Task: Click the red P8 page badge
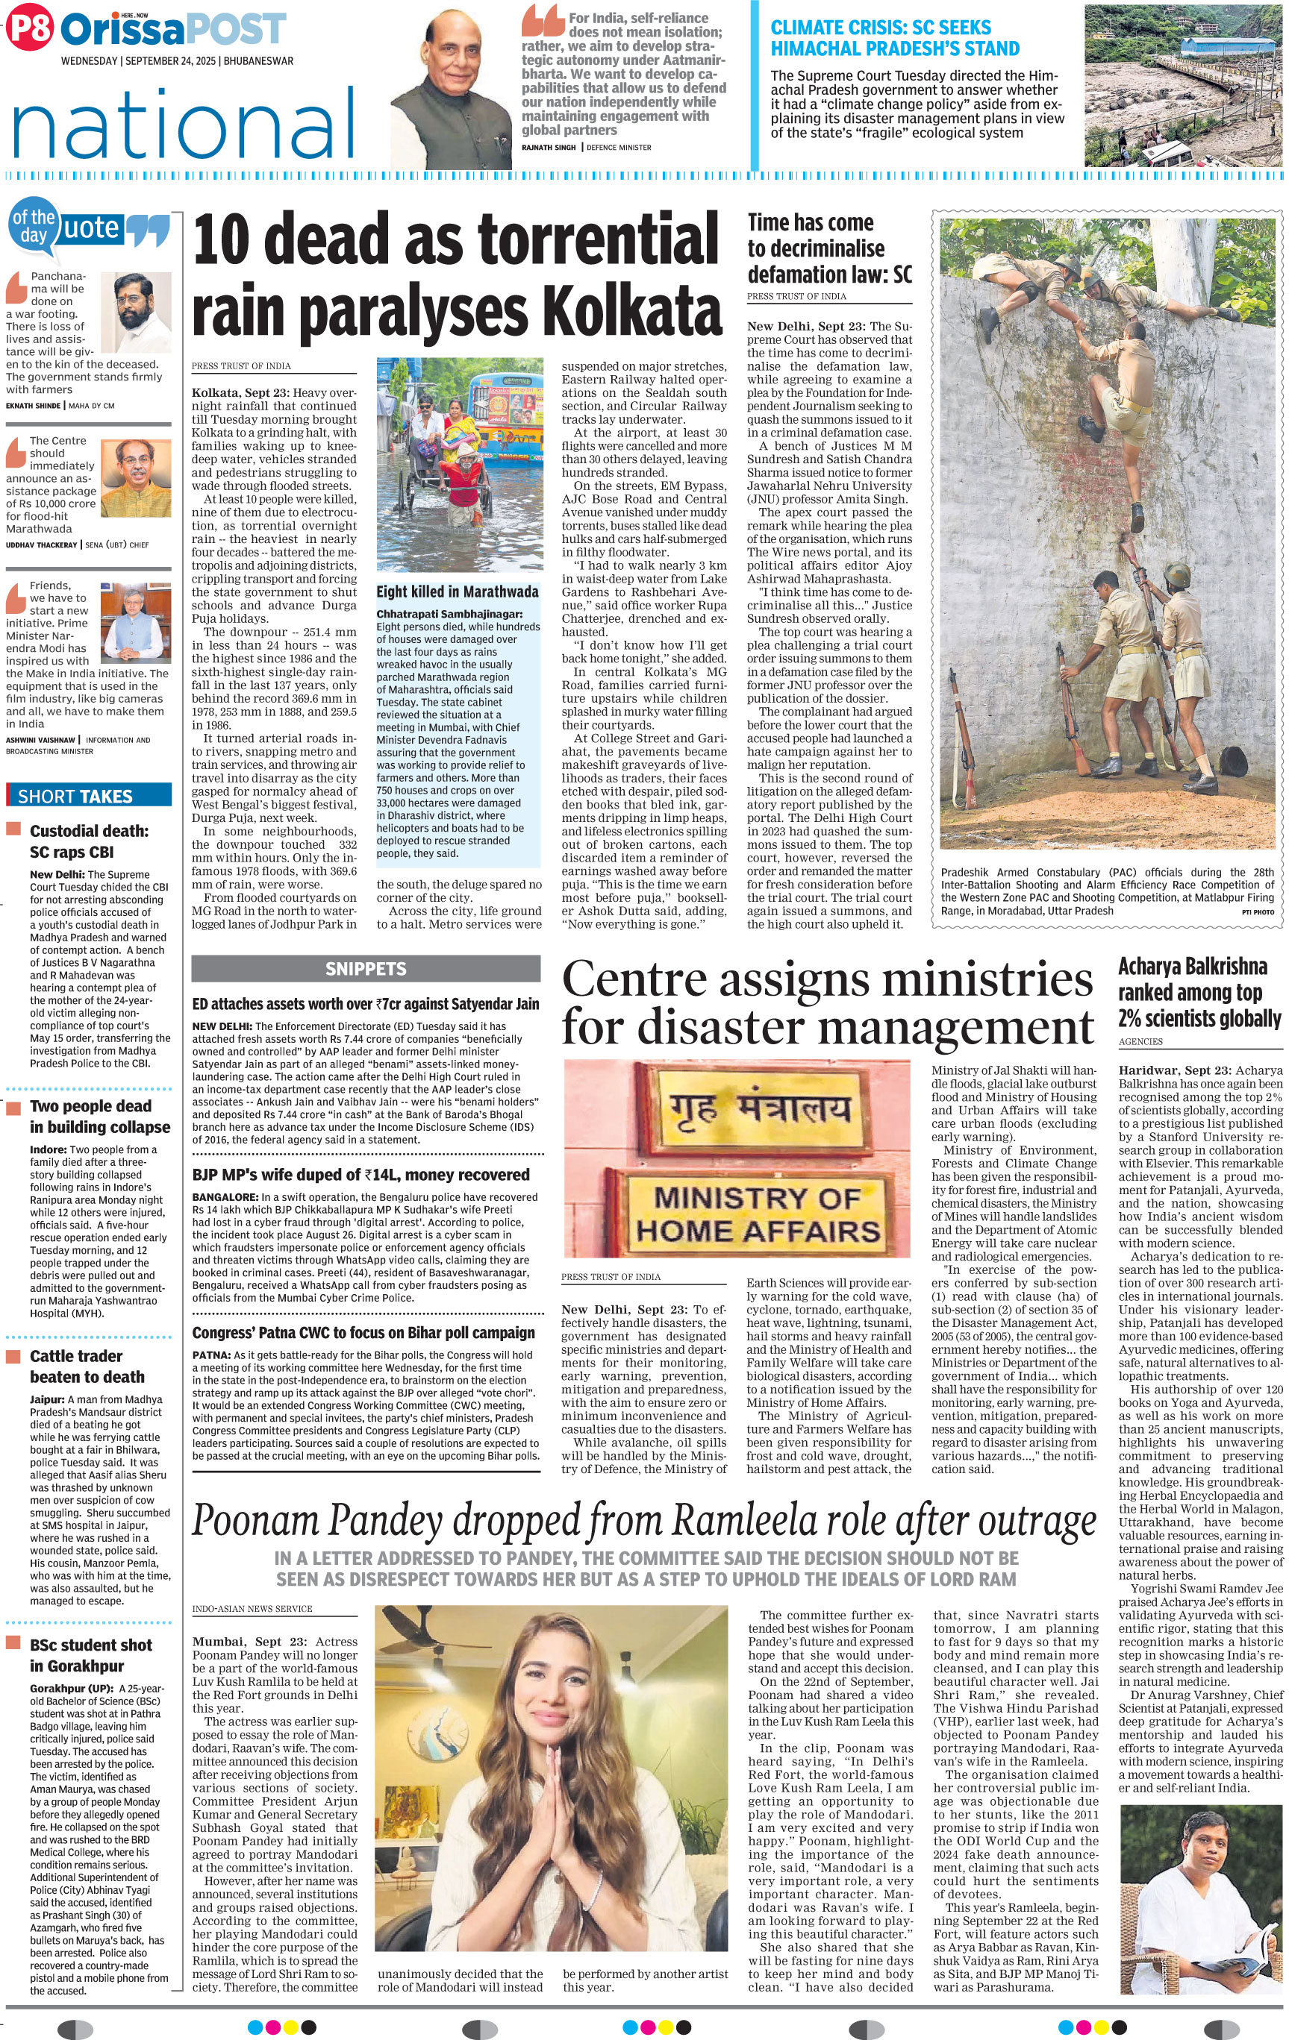pos(29,30)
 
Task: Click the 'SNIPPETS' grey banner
pos(365,968)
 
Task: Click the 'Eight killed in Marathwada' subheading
pos(458,591)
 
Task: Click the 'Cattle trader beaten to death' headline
pos(87,1366)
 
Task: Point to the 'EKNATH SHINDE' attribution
pos(33,406)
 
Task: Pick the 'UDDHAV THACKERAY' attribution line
pos(42,544)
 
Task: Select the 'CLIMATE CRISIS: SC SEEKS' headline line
pos(881,27)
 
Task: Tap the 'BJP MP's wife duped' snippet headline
pos(361,1174)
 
